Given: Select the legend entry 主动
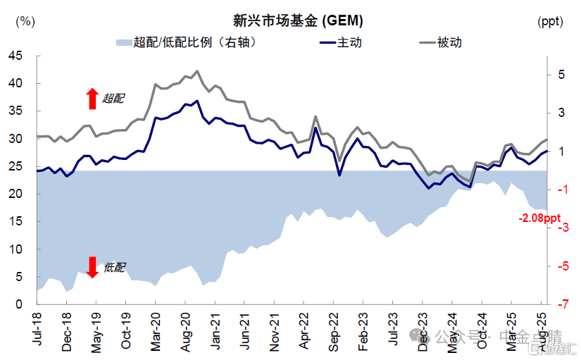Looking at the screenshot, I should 350,43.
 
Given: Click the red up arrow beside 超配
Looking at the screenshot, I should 92,99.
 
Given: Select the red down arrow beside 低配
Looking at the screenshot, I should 92,267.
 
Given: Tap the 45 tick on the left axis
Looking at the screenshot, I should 16,56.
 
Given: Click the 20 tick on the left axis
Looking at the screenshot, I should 16,194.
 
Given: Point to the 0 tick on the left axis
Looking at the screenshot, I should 20,304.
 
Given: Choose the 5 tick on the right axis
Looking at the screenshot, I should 561,75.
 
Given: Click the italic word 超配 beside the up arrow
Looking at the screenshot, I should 113,99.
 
